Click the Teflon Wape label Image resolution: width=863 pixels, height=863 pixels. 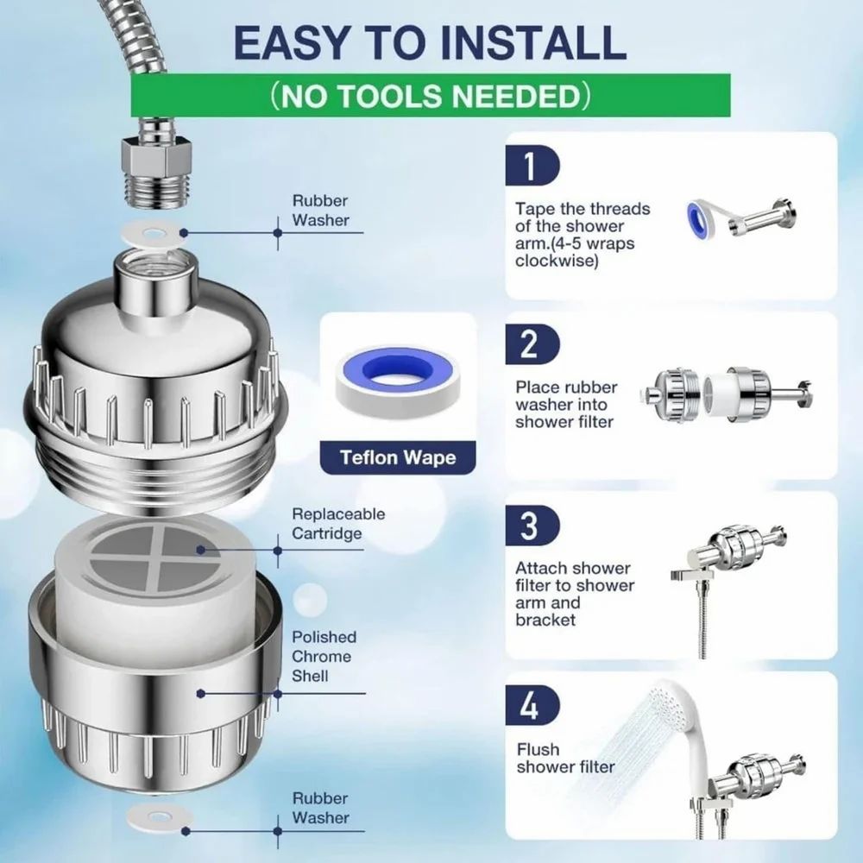pyautogui.click(x=398, y=457)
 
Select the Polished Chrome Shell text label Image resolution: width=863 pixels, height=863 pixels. pyautogui.click(x=323, y=656)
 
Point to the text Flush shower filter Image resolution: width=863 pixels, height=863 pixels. pyautogui.click(x=565, y=758)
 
